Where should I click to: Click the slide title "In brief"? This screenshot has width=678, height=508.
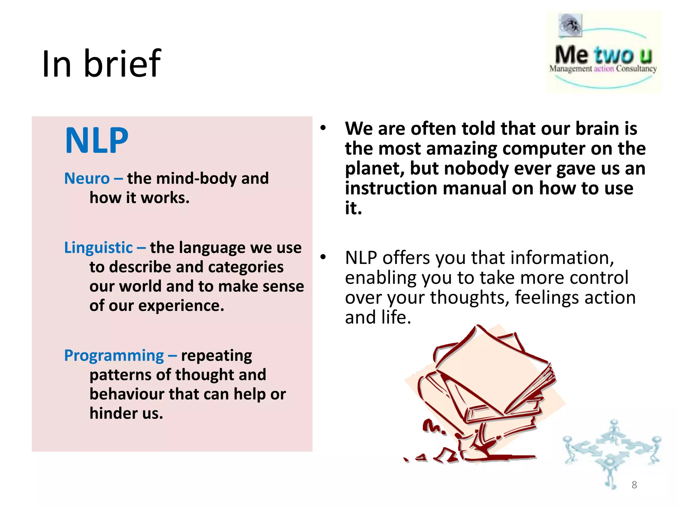click(x=101, y=63)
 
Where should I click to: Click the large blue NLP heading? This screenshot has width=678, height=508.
click(x=97, y=141)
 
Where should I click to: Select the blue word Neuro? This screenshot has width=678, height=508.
click(x=87, y=179)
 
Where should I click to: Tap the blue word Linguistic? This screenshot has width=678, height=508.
click(x=98, y=248)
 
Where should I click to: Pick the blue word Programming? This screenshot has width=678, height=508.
click(x=114, y=356)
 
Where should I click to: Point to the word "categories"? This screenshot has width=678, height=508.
click(x=246, y=267)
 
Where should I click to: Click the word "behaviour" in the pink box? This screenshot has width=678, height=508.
click(x=127, y=394)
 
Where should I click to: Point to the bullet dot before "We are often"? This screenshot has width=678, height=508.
click(x=323, y=128)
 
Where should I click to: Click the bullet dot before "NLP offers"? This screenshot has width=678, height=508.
click(x=323, y=257)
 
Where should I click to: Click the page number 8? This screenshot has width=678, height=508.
click(x=634, y=485)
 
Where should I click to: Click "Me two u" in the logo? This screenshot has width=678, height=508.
click(x=603, y=55)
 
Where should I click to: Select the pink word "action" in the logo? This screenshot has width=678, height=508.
click(x=604, y=69)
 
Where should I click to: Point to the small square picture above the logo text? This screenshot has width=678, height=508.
click(x=570, y=25)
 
